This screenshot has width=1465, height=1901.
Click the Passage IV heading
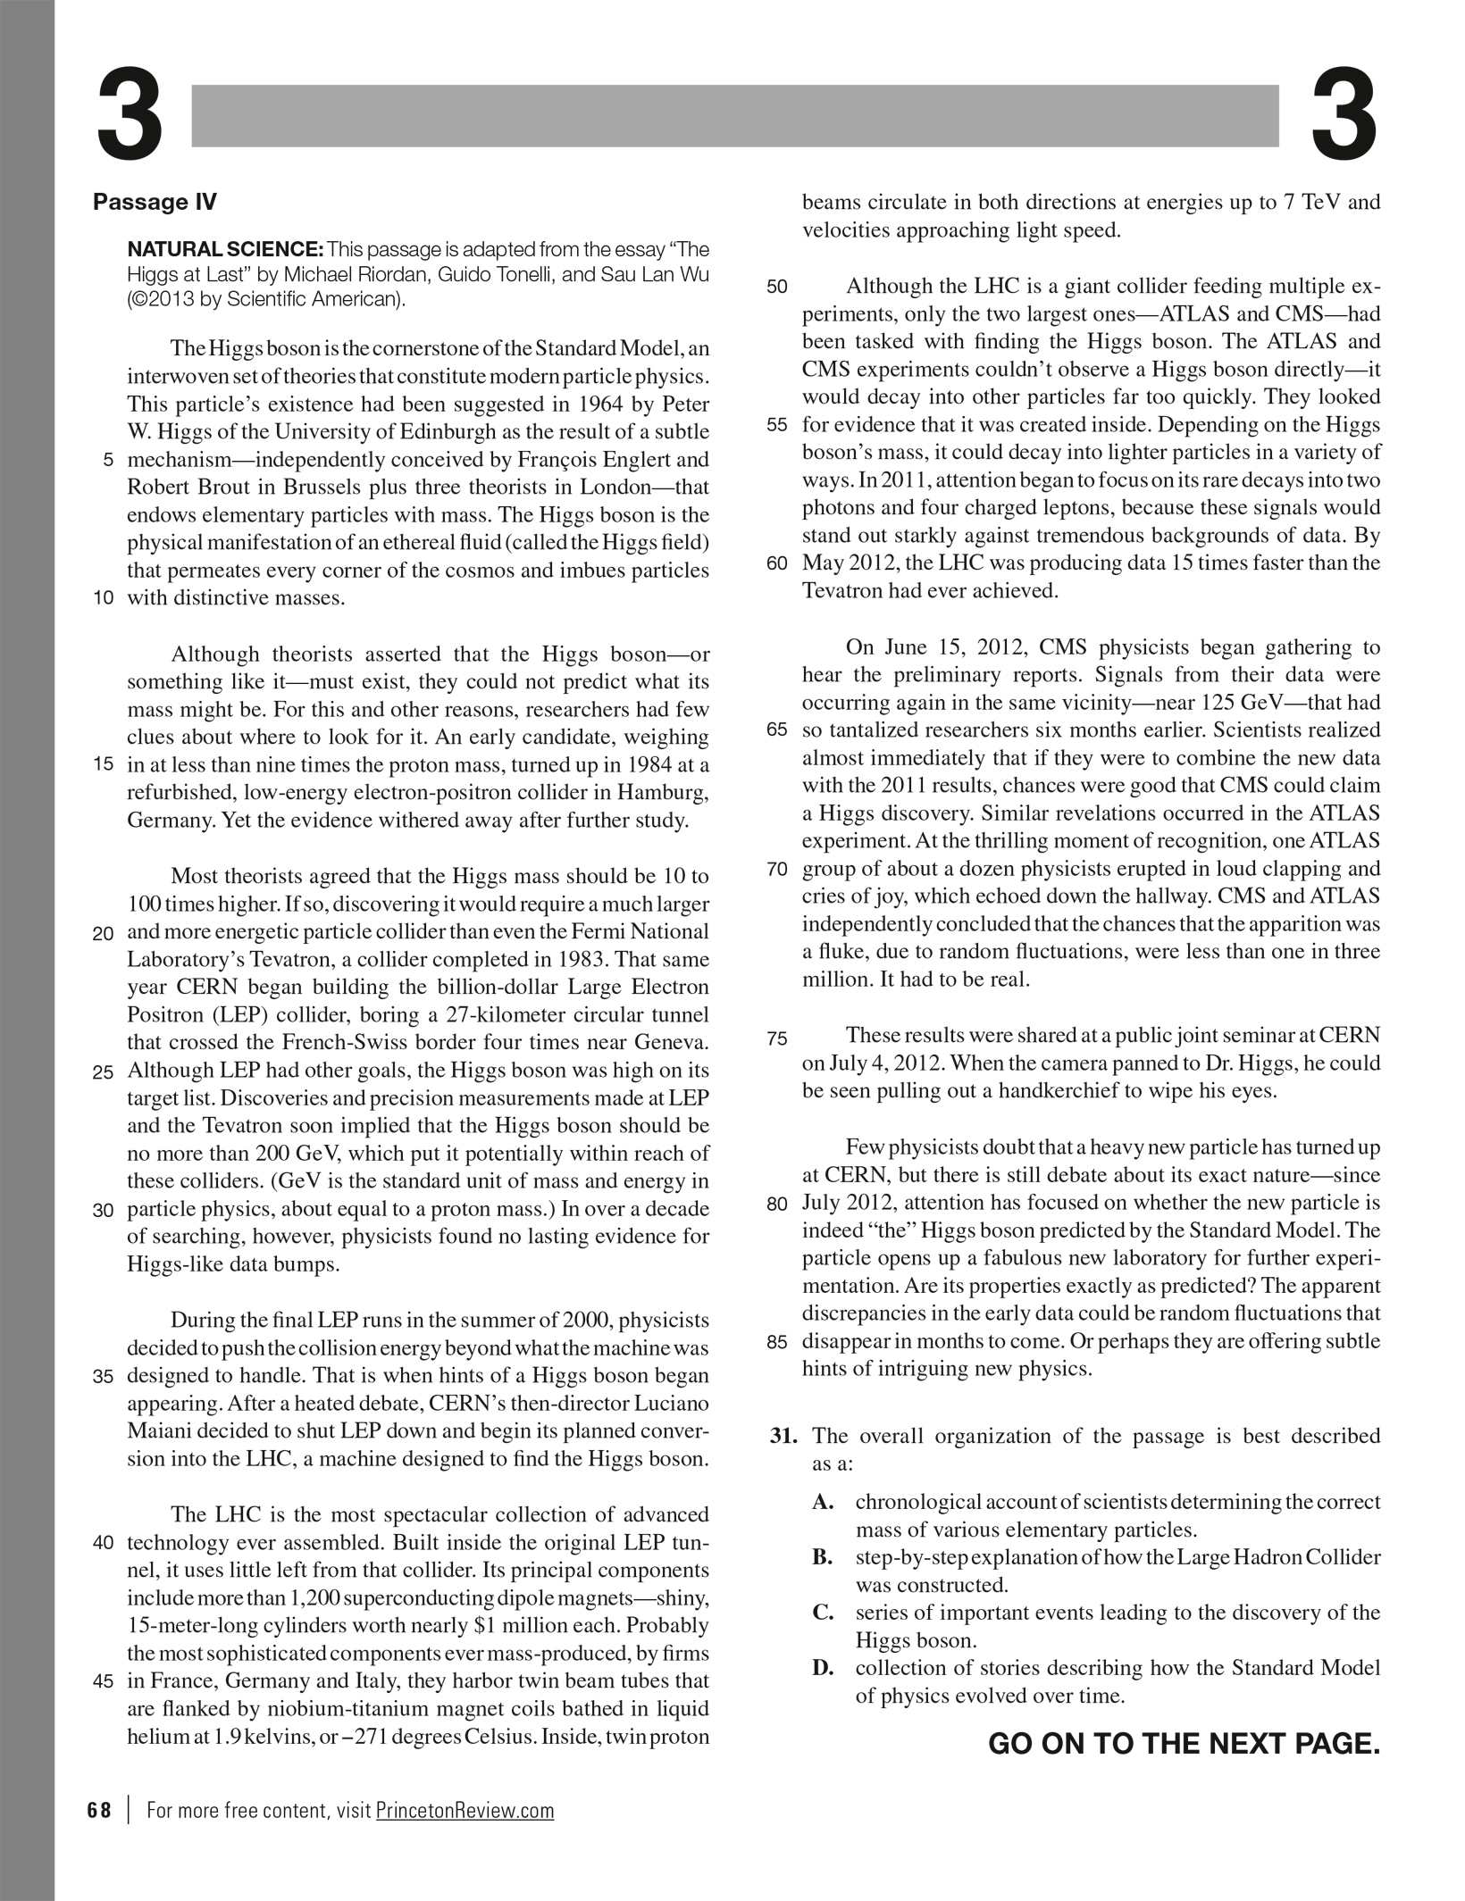point(155,203)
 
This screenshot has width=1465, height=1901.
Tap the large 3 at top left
point(130,115)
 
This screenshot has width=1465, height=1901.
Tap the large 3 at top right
point(1344,115)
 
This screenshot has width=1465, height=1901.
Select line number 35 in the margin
point(103,1377)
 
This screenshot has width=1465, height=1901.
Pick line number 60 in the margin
point(777,563)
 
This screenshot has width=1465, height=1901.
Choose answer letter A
point(823,1503)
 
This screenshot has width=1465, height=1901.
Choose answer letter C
point(823,1613)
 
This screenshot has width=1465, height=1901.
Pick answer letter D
point(823,1668)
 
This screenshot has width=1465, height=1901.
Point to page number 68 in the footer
point(100,1811)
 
